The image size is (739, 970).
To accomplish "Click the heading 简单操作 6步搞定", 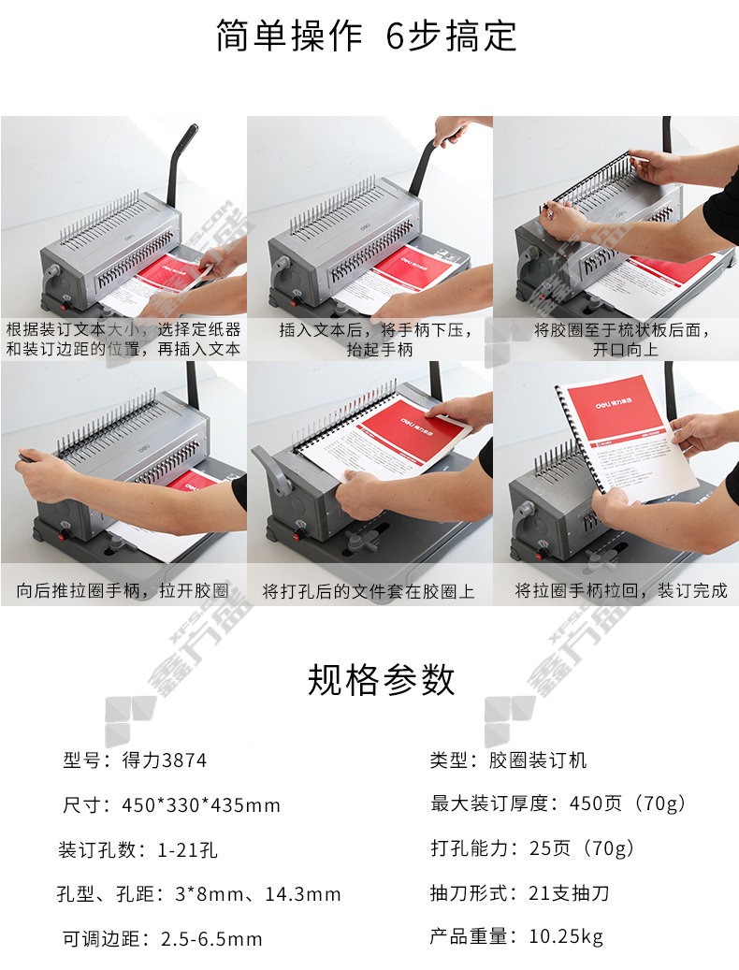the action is [366, 36].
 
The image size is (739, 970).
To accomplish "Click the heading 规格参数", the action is [382, 680].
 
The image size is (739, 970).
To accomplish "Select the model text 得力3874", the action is [165, 760].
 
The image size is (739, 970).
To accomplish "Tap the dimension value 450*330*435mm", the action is [201, 804].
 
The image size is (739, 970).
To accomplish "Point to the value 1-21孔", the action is [187, 849].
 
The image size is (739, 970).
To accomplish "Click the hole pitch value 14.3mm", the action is [303, 894].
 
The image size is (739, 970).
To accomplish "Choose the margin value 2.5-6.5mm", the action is [211, 938].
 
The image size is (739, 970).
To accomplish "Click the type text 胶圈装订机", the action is [538, 760].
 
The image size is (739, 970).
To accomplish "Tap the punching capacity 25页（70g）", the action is [581, 847].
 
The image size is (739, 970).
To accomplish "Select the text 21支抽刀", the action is [569, 892].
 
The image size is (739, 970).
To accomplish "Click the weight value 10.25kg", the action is [566, 936].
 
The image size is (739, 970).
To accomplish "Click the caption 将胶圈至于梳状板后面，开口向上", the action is [622, 340].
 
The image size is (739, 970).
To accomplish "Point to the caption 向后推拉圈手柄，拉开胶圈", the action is [123, 591].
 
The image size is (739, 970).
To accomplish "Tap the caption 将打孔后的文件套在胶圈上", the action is [369, 591].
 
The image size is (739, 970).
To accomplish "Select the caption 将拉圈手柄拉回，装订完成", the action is [621, 591].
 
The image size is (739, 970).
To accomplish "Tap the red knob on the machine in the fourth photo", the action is [63, 534].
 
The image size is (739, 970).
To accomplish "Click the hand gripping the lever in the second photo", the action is [450, 130].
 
